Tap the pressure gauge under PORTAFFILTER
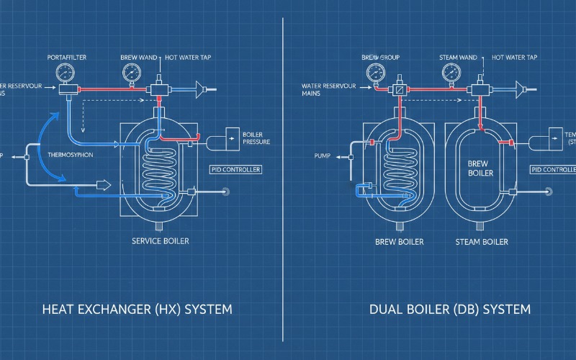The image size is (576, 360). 64,73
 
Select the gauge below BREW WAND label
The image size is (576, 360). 132,72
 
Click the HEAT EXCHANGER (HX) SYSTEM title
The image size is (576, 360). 136,310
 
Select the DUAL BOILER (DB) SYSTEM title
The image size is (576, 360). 449,310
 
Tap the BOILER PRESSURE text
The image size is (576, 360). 256,138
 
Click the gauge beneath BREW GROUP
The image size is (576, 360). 375,73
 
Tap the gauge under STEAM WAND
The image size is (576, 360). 451,72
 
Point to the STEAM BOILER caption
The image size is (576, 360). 482,242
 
